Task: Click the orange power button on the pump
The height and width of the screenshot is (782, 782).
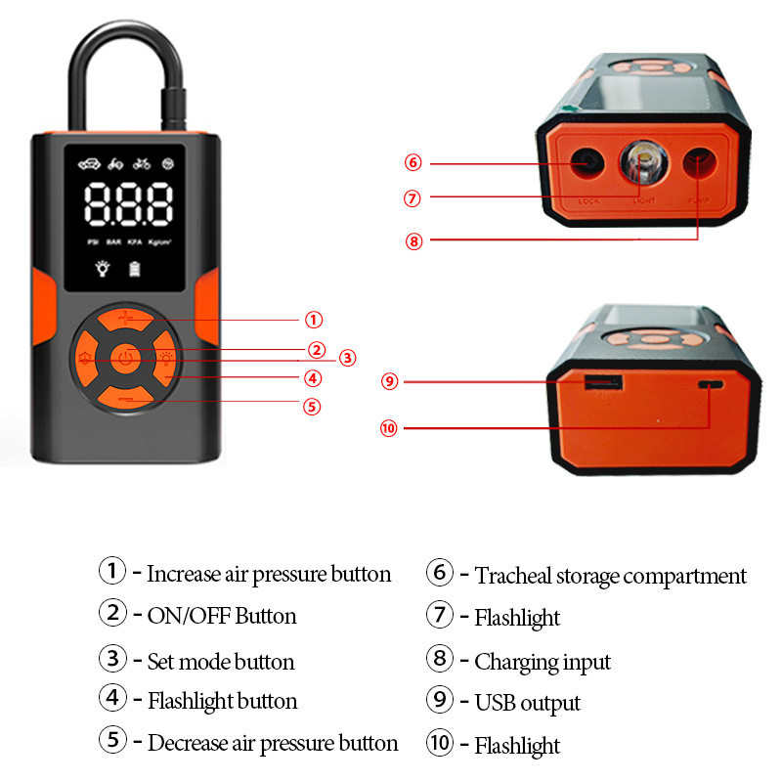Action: click(x=124, y=360)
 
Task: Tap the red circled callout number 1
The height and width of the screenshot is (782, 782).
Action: click(x=313, y=319)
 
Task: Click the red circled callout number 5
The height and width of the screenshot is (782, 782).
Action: click(x=312, y=407)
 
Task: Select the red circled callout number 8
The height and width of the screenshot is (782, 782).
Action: click(x=414, y=241)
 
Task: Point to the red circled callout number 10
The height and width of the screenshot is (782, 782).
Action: click(x=390, y=427)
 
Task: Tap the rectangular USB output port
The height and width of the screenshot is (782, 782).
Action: click(x=597, y=382)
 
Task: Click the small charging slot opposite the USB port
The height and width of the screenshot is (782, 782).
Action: click(x=711, y=385)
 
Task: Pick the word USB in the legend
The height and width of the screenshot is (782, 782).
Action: click(x=496, y=703)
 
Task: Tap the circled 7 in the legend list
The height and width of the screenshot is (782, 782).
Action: click(x=440, y=616)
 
